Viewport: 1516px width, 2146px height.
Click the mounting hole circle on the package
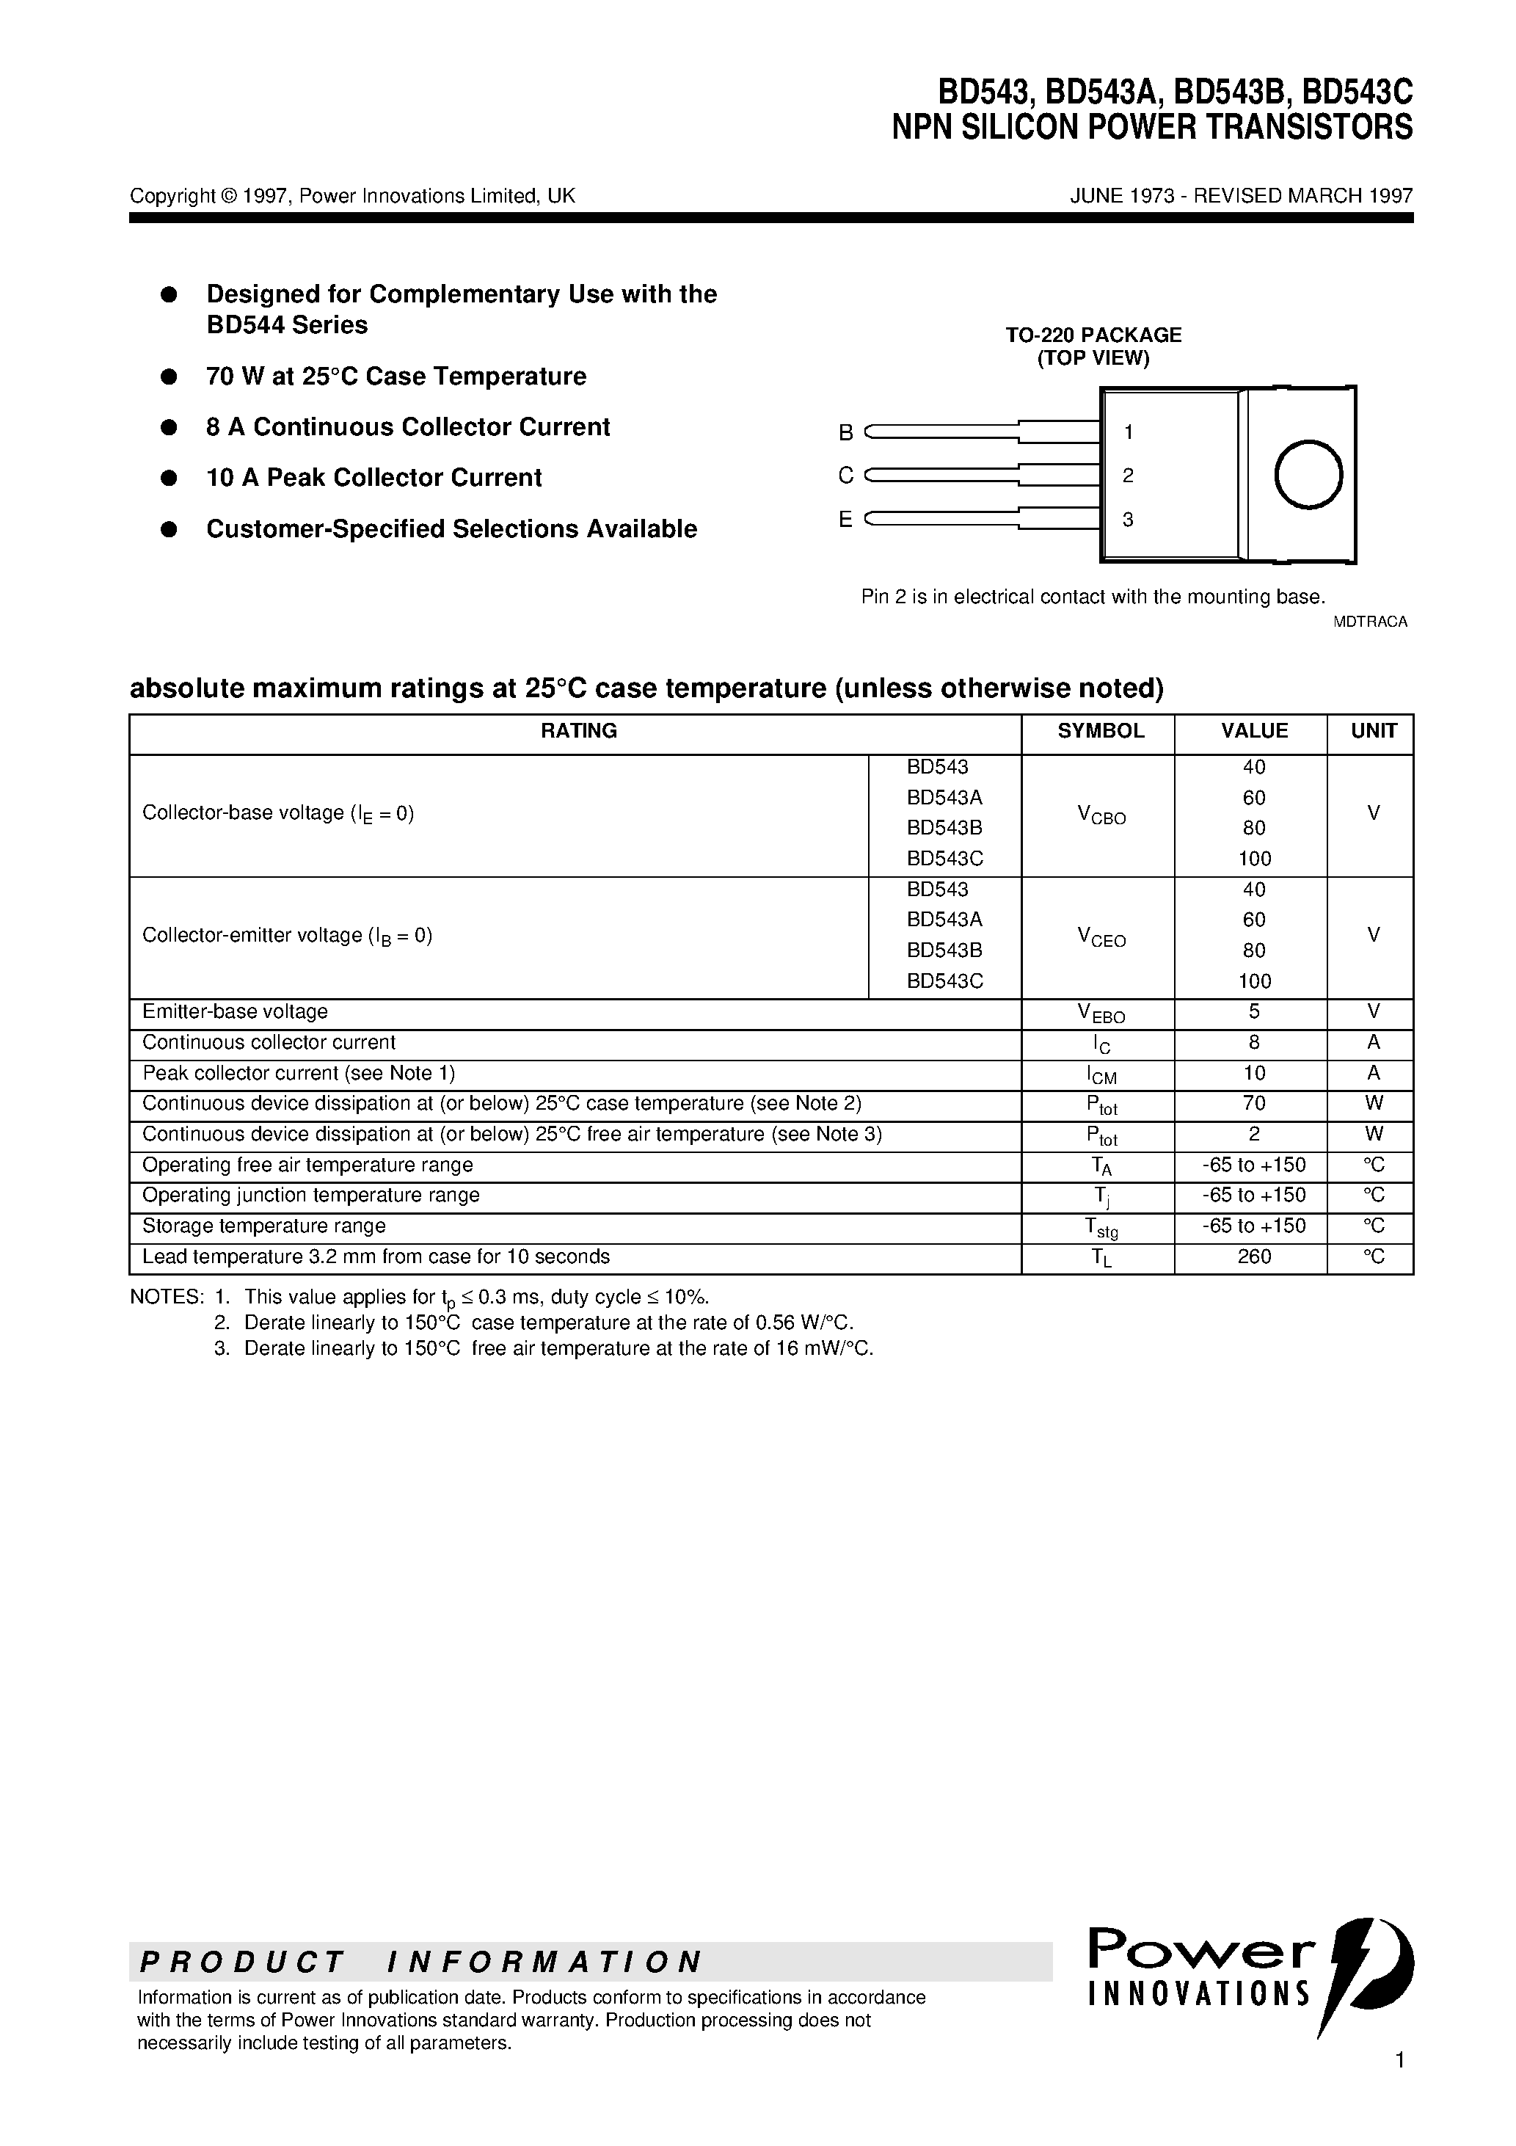1308,475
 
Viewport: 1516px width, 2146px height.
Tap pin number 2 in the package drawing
1128,476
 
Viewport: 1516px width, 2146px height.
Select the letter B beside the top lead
846,433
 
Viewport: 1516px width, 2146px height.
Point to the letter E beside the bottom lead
846,520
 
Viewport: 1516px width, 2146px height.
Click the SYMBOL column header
1100,731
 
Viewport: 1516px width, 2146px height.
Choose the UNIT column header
1373,731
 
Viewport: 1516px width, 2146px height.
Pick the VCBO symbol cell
1101,816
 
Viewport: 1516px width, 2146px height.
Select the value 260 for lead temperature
1253,1257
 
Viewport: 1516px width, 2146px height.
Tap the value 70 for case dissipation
1253,1104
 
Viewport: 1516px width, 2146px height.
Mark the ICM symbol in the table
1101,1075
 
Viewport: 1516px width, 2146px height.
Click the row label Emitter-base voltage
235,1012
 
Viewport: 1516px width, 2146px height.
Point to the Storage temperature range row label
263,1226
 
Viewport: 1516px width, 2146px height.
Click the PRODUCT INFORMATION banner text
420,1962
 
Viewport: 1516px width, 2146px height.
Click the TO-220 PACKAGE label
1093,335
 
